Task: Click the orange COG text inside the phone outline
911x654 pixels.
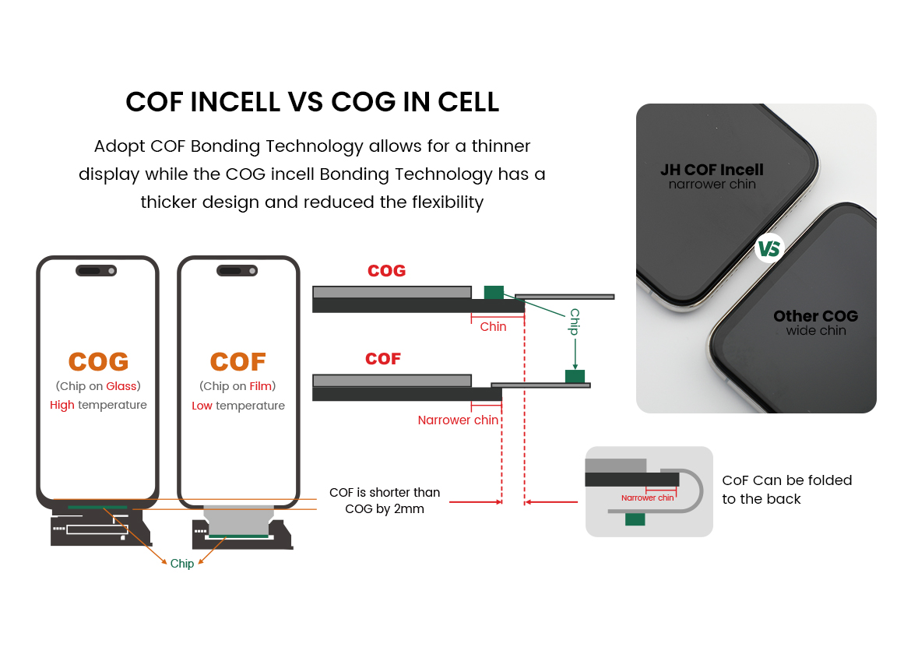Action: pos(98,362)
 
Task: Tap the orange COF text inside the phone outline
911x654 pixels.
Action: pos(238,362)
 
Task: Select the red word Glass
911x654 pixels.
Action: pos(121,386)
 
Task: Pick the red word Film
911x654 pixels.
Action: pos(260,386)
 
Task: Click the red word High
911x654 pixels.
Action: pos(62,406)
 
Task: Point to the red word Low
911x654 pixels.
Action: pos(202,406)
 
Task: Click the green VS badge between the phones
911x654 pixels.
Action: pos(769,248)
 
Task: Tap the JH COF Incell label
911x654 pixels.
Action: pos(712,170)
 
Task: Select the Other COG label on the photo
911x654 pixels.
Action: pos(816,316)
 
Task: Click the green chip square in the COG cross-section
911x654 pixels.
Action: pos(494,292)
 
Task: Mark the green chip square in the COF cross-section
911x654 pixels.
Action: pos(575,376)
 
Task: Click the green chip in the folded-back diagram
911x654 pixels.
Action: pos(635,519)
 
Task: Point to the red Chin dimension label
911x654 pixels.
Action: pos(493,327)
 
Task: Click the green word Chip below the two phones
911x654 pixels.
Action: pos(182,564)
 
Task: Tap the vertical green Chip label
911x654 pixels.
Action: pos(575,322)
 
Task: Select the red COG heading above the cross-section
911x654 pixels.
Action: pos(386,271)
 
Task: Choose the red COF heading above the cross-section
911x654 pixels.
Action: pos(383,359)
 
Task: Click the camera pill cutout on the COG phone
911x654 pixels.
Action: pos(97,271)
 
